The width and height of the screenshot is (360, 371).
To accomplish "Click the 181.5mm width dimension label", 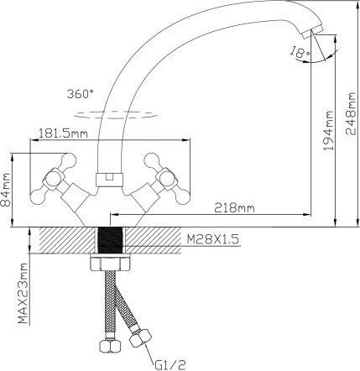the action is (x=63, y=133).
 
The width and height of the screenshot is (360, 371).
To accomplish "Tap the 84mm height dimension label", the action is (x=5, y=190).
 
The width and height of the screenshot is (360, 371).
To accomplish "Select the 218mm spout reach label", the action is (x=234, y=207).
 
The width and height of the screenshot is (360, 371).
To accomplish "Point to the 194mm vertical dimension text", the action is (x=328, y=131).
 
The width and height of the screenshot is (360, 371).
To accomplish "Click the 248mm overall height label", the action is (x=351, y=113).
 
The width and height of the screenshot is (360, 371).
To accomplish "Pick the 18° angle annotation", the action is (x=300, y=52).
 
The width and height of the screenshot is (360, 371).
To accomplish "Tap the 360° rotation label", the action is (x=81, y=94).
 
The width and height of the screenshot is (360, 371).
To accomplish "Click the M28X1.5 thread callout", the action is (x=212, y=239).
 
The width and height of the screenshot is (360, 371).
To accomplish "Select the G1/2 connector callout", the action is (x=170, y=364).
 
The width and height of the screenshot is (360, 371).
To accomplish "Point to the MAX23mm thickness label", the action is (x=23, y=293).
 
